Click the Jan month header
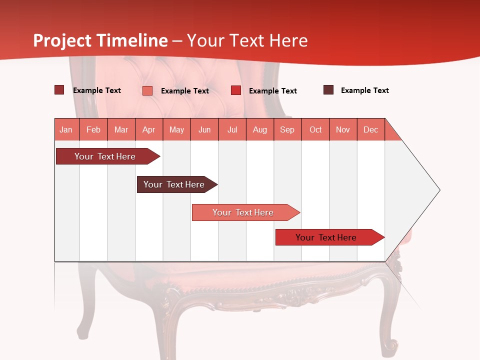click(x=66, y=129)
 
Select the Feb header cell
click(x=93, y=129)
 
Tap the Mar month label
click(x=121, y=129)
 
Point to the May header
click(x=176, y=129)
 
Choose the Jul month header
click(x=232, y=129)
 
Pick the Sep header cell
click(x=287, y=129)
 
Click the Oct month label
click(x=315, y=129)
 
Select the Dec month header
click(x=370, y=129)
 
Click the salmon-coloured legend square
click(x=147, y=90)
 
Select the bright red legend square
click(x=236, y=90)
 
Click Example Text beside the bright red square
click(x=272, y=91)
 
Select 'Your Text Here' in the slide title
click(x=247, y=40)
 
